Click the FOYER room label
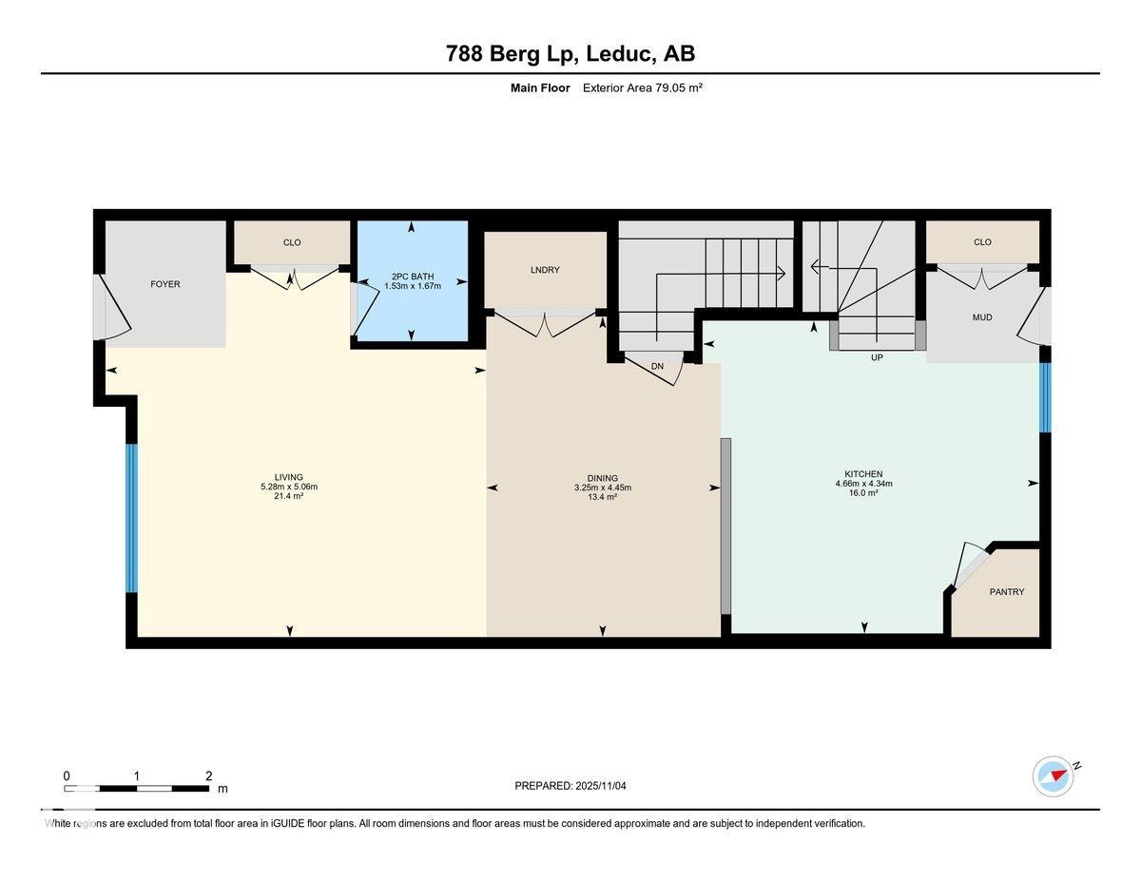click(164, 284)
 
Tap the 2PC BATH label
click(412, 277)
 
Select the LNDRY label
click(545, 270)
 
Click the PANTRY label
click(1006, 592)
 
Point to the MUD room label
click(982, 317)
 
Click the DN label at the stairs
click(657, 366)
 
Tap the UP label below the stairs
click(877, 358)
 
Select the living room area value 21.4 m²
click(289, 496)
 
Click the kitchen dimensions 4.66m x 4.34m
click(863, 484)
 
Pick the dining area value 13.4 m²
click(602, 497)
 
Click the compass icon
click(1054, 776)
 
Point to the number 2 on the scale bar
click(208, 776)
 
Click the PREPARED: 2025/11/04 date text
click(570, 786)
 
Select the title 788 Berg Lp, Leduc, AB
click(570, 54)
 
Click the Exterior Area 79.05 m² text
click(642, 88)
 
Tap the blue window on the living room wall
click(132, 518)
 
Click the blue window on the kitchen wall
click(1045, 398)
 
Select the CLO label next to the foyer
click(292, 242)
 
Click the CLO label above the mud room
click(982, 242)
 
